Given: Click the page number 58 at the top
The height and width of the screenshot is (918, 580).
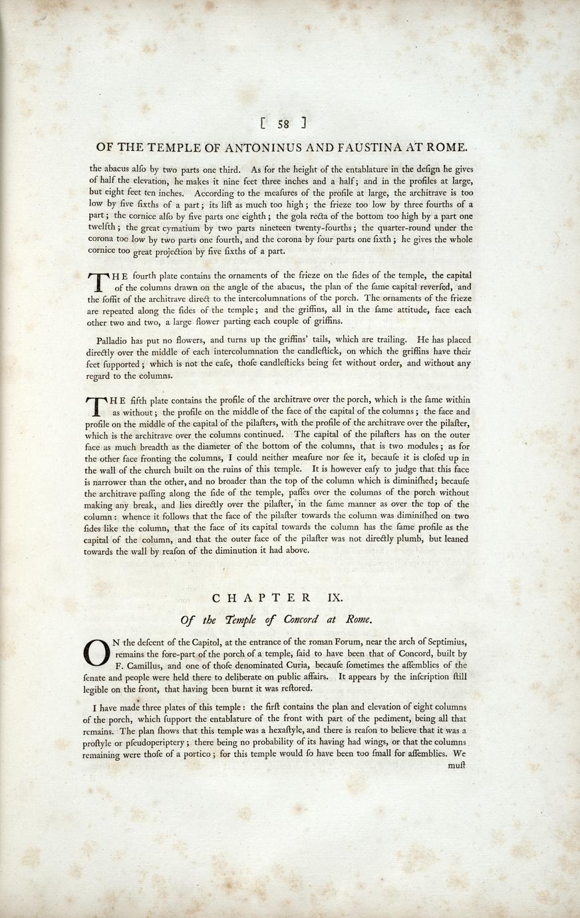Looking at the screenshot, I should pos(283,123).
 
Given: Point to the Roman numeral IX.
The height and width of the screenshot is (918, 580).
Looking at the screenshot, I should pos(335,598).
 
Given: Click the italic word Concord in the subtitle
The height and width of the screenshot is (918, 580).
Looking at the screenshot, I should pos(301,620).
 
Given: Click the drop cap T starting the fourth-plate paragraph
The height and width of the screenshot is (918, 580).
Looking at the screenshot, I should pos(97,281).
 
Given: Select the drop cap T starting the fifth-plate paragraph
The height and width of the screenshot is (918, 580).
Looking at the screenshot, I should pos(97,406).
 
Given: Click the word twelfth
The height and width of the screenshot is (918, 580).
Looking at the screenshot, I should pos(101,228).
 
